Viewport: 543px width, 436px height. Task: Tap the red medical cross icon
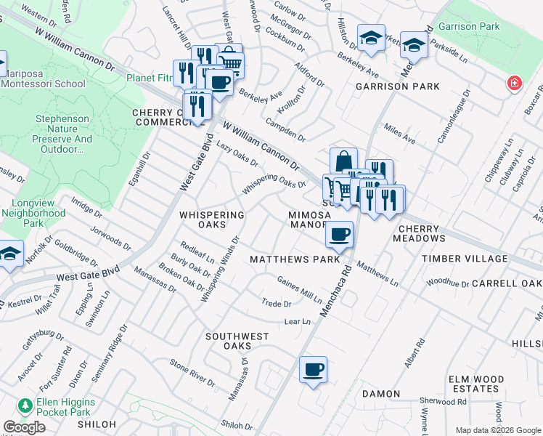(514, 83)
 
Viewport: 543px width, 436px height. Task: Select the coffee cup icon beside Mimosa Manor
(339, 235)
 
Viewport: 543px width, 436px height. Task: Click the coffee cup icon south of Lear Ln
(313, 370)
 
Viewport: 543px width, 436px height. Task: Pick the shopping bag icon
(343, 161)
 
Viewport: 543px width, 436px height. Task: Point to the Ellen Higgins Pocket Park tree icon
(26, 405)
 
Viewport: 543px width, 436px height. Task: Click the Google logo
(24, 427)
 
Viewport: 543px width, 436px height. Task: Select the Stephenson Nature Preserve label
(64, 134)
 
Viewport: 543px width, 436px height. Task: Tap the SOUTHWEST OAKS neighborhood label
(237, 342)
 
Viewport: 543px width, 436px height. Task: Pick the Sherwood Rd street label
(446, 401)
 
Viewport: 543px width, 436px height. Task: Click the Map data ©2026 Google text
(498, 430)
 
